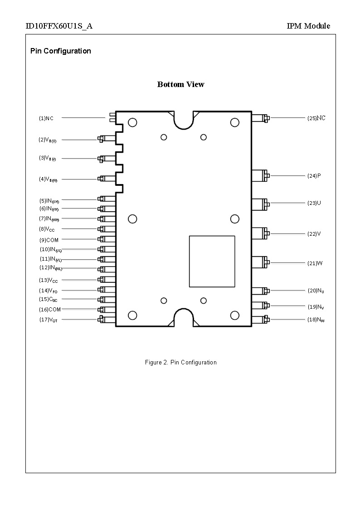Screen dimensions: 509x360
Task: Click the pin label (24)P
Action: tap(314, 176)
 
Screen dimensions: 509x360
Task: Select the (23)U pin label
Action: tap(314, 203)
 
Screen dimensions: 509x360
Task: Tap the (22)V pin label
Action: tap(314, 234)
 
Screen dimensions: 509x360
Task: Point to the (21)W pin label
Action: tap(315, 263)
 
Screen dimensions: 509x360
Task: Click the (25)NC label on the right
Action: tap(316, 118)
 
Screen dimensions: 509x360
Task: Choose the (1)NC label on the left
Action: tap(46, 118)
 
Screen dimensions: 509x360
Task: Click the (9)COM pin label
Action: tap(49, 240)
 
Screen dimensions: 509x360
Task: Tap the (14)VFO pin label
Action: tap(48, 291)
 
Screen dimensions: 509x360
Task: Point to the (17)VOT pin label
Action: tap(48, 320)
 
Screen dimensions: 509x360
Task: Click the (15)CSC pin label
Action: tap(48, 300)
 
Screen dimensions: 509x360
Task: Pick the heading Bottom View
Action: tap(180, 84)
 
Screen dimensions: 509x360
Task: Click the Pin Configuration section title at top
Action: tap(60, 51)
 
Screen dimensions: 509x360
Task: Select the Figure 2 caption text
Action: tap(180, 362)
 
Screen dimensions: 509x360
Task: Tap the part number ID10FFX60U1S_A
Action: tap(59, 26)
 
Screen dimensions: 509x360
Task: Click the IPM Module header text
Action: tap(308, 26)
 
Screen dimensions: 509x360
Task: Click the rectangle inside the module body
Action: tap(212, 261)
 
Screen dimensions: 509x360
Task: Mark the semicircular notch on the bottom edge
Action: tap(184, 317)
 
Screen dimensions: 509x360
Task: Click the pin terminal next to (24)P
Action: tap(260, 175)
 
